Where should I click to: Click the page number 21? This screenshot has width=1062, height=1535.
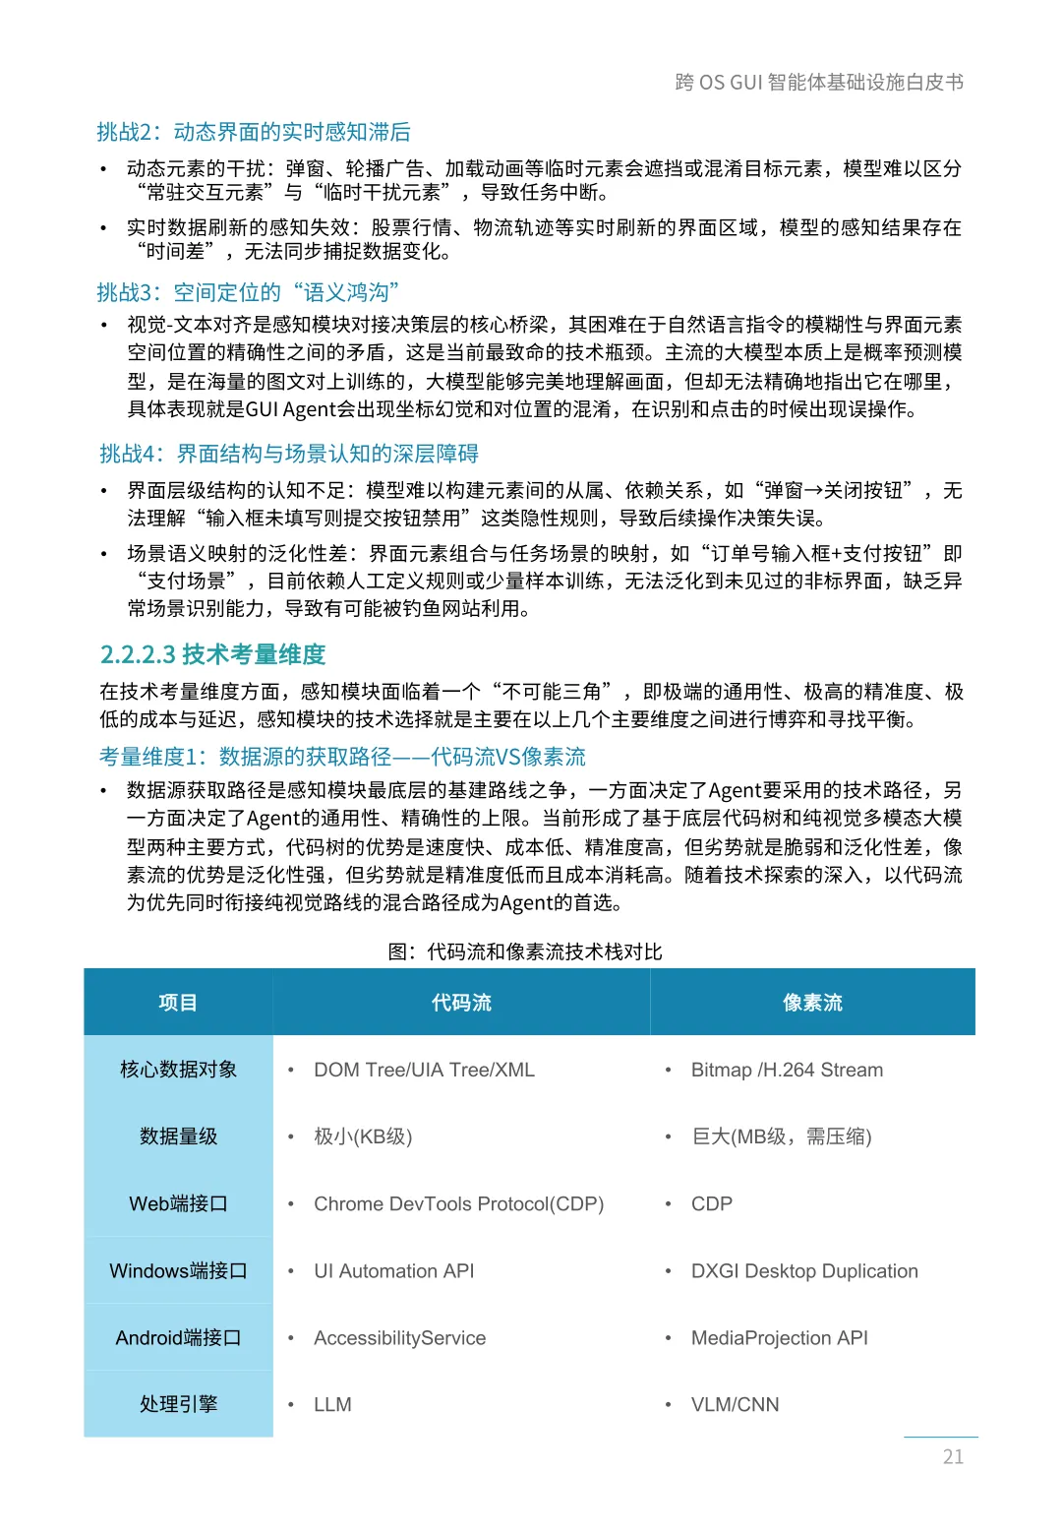pos(953,1456)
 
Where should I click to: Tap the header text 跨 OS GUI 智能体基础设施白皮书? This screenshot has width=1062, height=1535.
pos(819,82)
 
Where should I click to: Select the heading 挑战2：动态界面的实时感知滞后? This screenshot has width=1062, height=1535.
pos(254,132)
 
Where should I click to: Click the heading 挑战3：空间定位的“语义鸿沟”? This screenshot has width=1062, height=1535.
pos(248,292)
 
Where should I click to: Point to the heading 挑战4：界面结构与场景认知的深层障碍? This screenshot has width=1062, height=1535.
pos(289,454)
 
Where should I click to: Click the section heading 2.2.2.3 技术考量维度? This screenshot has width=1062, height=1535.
pos(212,654)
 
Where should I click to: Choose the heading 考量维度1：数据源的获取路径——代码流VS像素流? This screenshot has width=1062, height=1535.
pos(342,757)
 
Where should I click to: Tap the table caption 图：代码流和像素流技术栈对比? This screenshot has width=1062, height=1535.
pos(525,952)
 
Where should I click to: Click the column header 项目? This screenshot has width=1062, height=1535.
pos(178,1003)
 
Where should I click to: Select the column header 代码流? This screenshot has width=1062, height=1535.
pos(461,1003)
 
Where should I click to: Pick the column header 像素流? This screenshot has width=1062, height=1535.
pos(812,1003)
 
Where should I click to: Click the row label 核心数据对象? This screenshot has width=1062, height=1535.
pos(178,1070)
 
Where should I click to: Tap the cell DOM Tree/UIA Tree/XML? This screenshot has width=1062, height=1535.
pos(424,1070)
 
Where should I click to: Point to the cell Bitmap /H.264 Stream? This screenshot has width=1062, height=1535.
pos(787,1070)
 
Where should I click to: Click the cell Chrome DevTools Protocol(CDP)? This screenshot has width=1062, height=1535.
pos(458,1203)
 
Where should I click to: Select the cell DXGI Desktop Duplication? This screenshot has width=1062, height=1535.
pos(804,1270)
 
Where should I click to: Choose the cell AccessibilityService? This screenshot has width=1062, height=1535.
pos(399,1337)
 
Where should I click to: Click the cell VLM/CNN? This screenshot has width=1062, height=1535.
pos(735,1404)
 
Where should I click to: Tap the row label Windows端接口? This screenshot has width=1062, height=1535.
pos(178,1270)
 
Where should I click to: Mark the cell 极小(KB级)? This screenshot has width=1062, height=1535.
pos(363,1136)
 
